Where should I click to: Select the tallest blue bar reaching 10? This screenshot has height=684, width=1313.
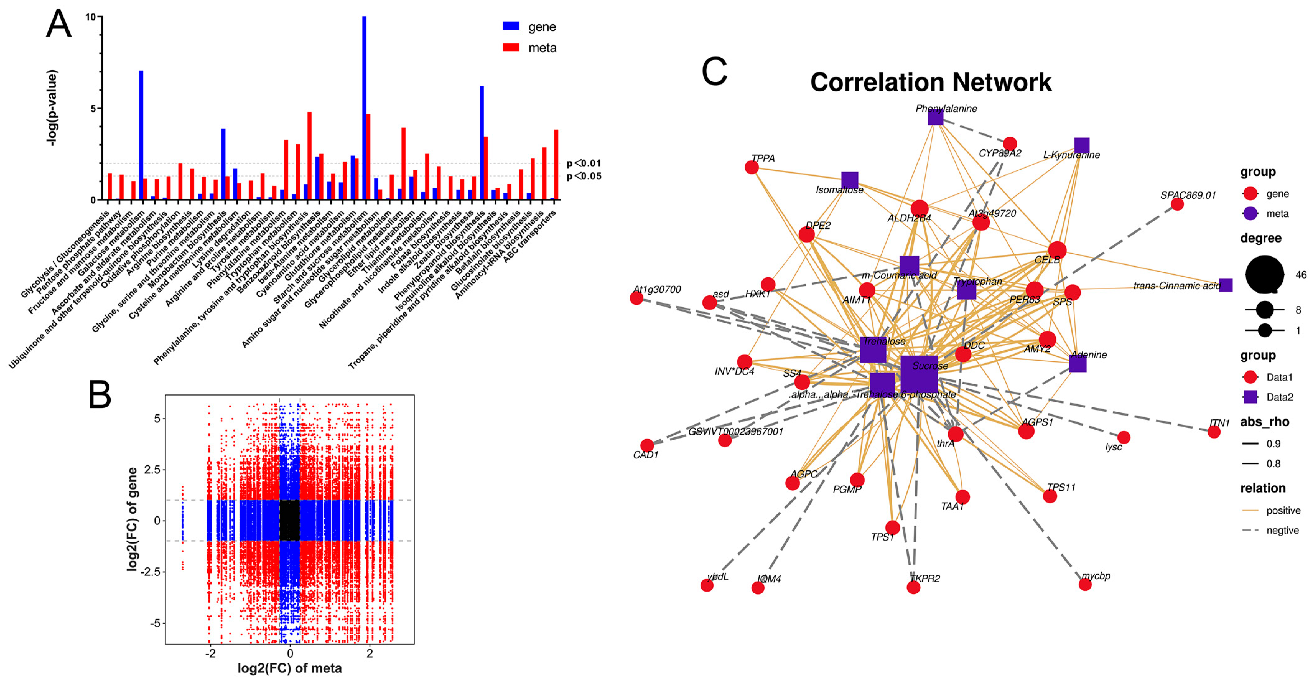point(364,107)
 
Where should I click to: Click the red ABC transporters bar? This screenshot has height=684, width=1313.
point(556,165)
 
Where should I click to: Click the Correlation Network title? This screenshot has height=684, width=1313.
point(931,82)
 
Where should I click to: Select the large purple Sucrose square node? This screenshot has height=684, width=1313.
point(919,375)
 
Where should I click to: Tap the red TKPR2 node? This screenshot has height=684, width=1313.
point(913,588)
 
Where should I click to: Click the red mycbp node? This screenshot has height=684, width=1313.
point(1085,584)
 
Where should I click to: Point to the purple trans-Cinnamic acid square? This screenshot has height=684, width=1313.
point(1226,286)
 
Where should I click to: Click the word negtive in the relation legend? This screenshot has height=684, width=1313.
point(1283,531)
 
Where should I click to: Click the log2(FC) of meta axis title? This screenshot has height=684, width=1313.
point(290,668)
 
